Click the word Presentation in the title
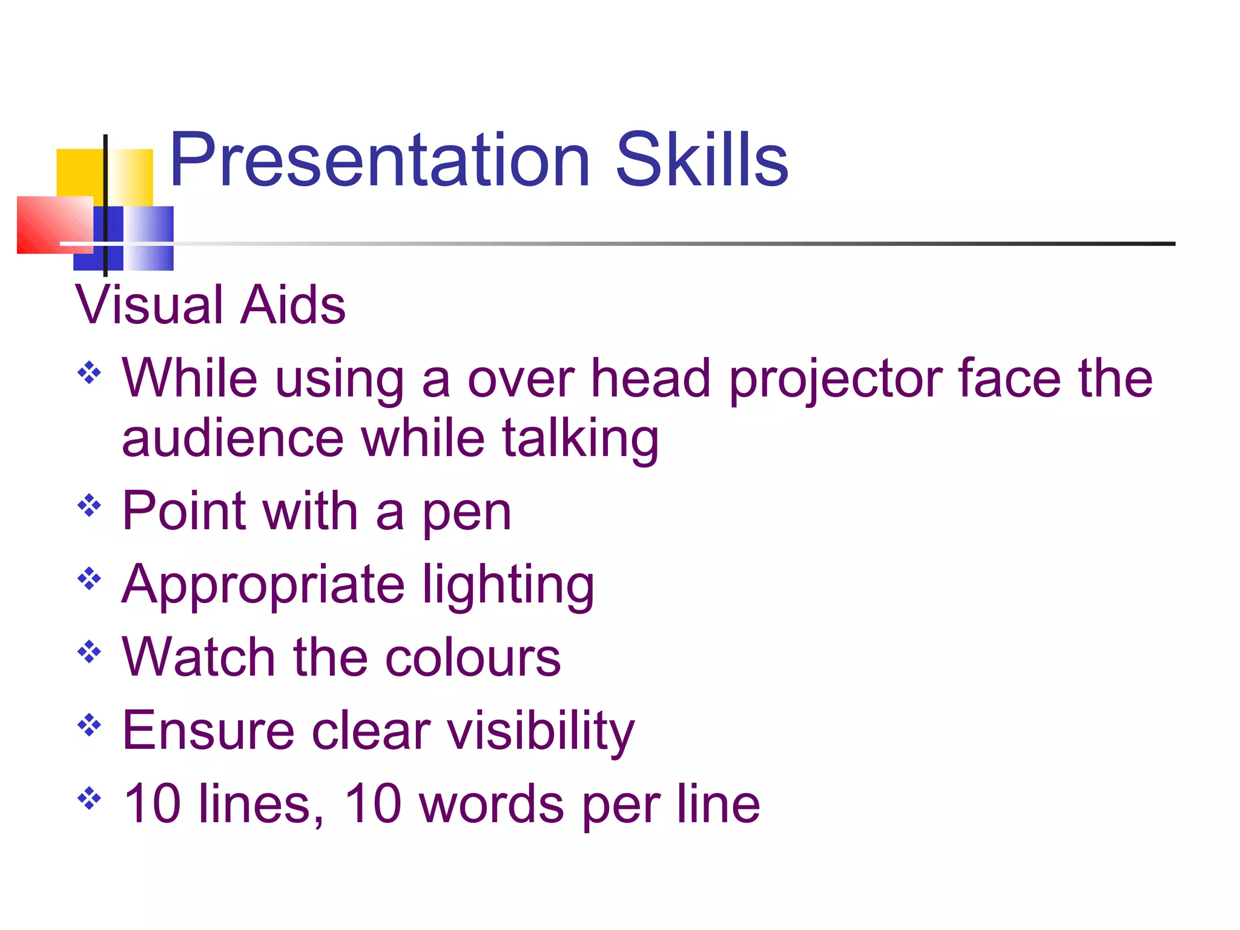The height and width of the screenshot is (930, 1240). pyautogui.click(x=379, y=160)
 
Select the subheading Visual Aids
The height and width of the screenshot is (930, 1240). pyautogui.click(x=210, y=305)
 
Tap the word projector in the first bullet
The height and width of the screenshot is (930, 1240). pyautogui.click(x=835, y=380)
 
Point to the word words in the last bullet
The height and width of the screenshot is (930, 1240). pyautogui.click(x=491, y=804)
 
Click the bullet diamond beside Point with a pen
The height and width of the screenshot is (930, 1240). pyautogui.click(x=89, y=506)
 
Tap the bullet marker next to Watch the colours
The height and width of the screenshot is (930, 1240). pyautogui.click(x=89, y=651)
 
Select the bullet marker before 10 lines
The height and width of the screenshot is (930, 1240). pyautogui.click(x=89, y=797)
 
